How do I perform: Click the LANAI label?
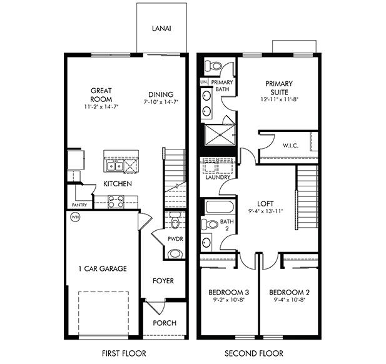(162, 29)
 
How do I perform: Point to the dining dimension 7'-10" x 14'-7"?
(161, 101)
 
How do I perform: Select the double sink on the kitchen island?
(114, 166)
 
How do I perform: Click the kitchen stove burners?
(116, 201)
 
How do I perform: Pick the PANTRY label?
(79, 205)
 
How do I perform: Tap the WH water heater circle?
(75, 218)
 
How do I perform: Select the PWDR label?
(175, 239)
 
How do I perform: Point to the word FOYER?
(163, 281)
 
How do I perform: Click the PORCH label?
(164, 323)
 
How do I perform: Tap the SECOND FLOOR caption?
(258, 353)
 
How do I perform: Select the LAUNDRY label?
(217, 177)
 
